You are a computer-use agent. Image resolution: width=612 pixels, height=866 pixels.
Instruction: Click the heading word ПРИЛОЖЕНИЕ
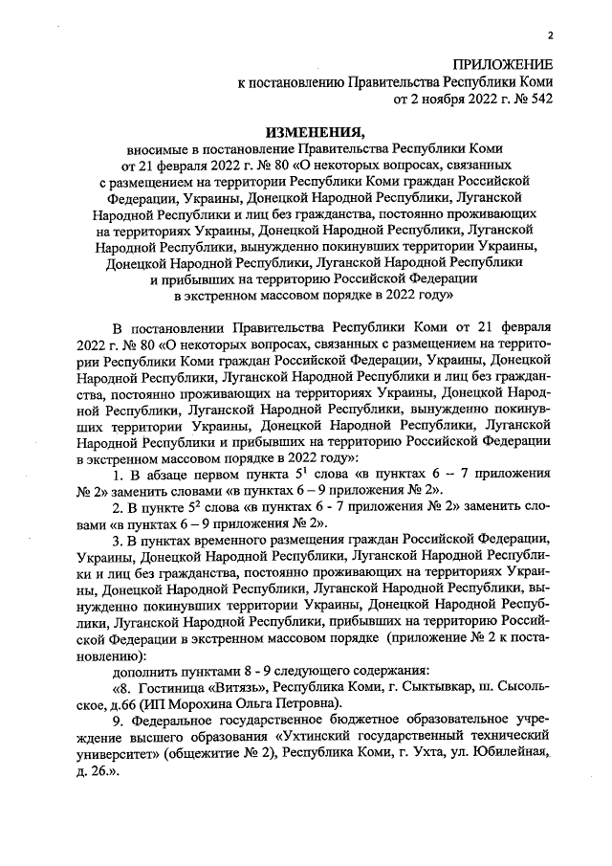tap(503, 64)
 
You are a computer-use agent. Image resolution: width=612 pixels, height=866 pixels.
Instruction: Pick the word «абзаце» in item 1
tap(165, 476)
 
